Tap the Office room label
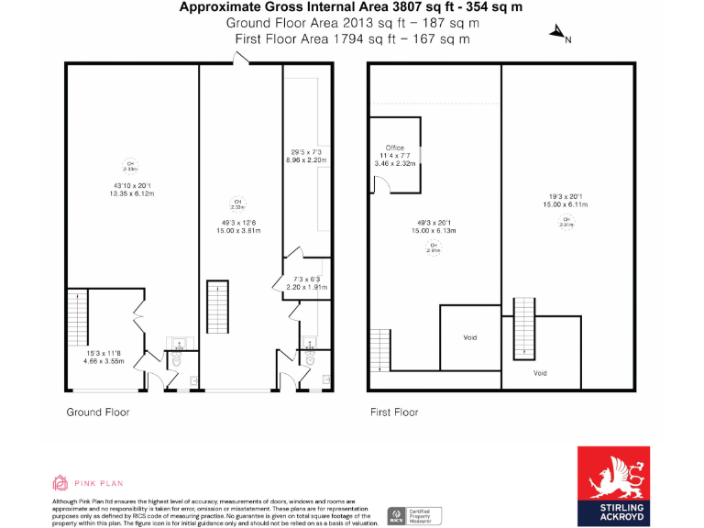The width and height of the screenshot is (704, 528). (395, 148)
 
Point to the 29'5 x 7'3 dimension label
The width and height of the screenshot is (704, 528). (305, 156)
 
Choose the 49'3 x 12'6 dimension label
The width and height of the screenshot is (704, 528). (237, 225)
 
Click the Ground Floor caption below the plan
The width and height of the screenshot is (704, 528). (97, 412)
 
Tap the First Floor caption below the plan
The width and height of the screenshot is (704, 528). (393, 412)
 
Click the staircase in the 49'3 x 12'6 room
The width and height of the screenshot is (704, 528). (218, 301)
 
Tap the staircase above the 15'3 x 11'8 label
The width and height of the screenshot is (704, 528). (77, 316)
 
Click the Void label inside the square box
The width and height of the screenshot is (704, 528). (470, 337)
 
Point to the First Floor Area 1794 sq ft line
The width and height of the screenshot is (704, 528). (353, 38)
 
